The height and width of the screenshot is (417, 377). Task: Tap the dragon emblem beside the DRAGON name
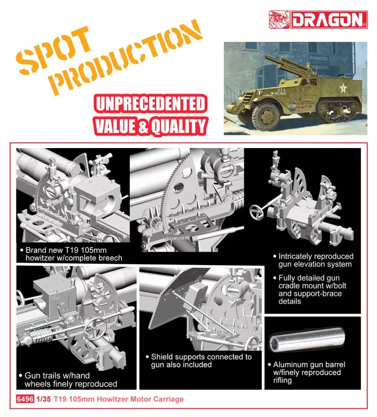pyautogui.click(x=279, y=20)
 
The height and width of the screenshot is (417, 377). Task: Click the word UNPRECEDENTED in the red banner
pyautogui.click(x=150, y=104)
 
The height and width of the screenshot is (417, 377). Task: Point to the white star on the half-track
pyautogui.click(x=343, y=88)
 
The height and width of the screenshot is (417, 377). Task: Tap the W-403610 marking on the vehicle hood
pyautogui.click(x=278, y=93)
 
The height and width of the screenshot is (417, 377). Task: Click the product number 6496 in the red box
pyautogui.click(x=25, y=399)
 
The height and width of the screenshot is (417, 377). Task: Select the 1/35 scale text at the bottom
pyautogui.click(x=43, y=399)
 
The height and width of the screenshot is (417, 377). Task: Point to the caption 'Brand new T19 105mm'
pyautogui.click(x=66, y=250)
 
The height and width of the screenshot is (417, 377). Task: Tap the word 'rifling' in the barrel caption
pyautogui.click(x=282, y=380)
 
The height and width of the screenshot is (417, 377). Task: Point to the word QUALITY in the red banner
pyautogui.click(x=179, y=126)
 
